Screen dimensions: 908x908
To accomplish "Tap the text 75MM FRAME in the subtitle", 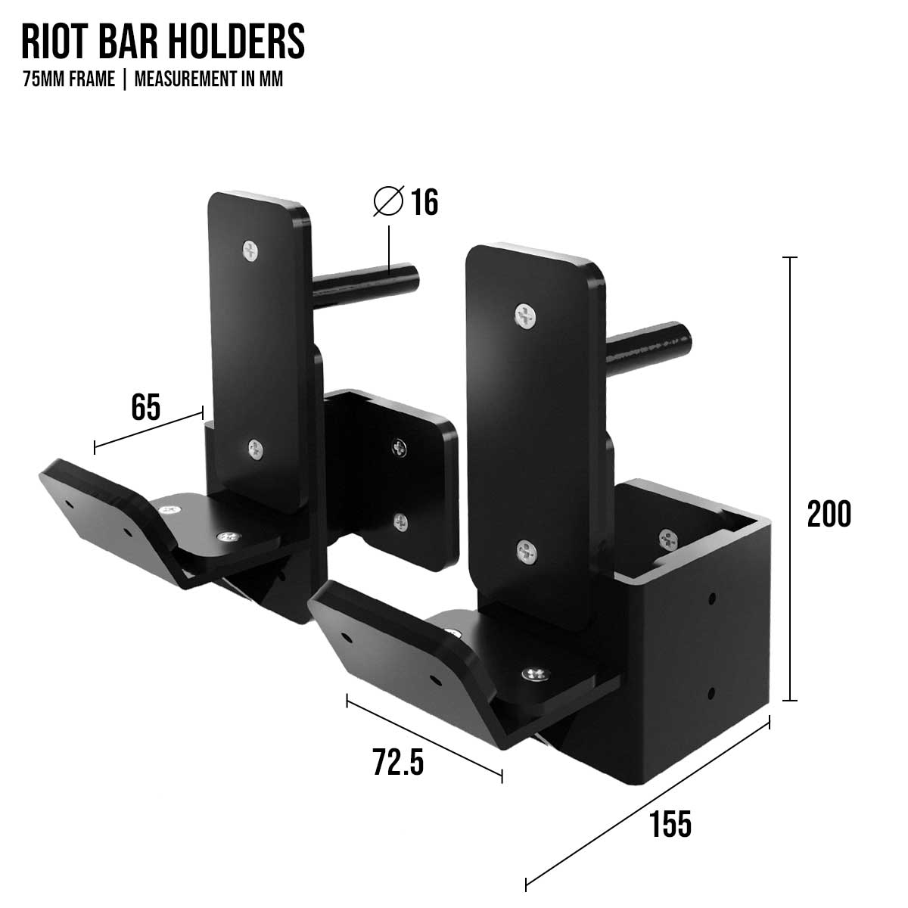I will click(x=69, y=79).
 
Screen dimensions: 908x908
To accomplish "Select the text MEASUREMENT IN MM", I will click(x=208, y=79).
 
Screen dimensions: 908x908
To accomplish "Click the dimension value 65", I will click(x=145, y=408).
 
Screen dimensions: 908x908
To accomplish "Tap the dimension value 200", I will click(x=829, y=515).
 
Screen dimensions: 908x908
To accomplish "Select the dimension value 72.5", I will click(x=397, y=762).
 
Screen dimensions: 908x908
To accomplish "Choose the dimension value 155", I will click(x=670, y=823).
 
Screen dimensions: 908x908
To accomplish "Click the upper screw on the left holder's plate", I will click(x=250, y=250).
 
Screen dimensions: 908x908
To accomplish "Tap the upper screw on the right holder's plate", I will click(x=524, y=316).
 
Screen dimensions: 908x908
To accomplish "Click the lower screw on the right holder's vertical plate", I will click(x=525, y=552).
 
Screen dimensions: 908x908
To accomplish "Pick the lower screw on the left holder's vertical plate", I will click(x=256, y=450).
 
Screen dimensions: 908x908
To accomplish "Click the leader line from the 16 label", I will click(x=389, y=242).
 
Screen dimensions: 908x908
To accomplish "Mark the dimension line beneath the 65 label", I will click(x=149, y=431).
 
